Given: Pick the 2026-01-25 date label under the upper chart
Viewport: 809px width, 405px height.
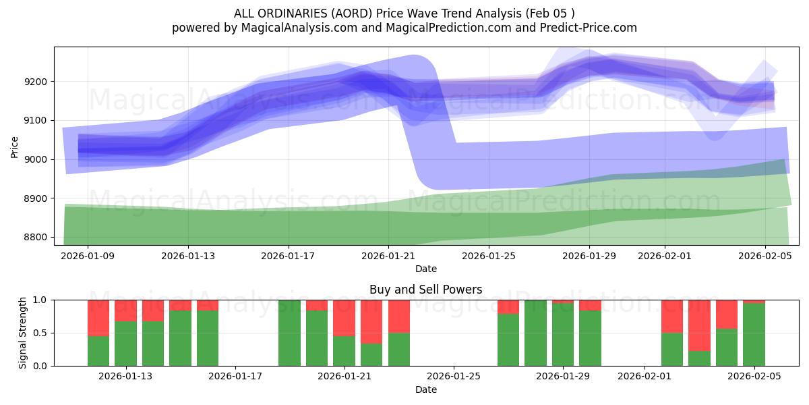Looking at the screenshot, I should pos(488,256).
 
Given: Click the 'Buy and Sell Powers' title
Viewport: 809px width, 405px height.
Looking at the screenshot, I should pos(425,290).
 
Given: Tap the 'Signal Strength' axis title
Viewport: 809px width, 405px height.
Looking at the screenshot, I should pos(24,333).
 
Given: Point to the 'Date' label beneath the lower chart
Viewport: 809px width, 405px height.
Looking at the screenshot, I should pos(425,389).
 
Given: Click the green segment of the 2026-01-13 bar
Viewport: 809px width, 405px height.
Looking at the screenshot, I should pos(125,344).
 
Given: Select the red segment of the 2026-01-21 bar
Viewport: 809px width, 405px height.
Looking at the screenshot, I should pos(344,317).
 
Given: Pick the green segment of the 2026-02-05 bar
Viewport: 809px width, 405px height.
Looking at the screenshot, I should pos(754,334).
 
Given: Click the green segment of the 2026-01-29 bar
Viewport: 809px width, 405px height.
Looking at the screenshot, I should pos(563,334).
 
